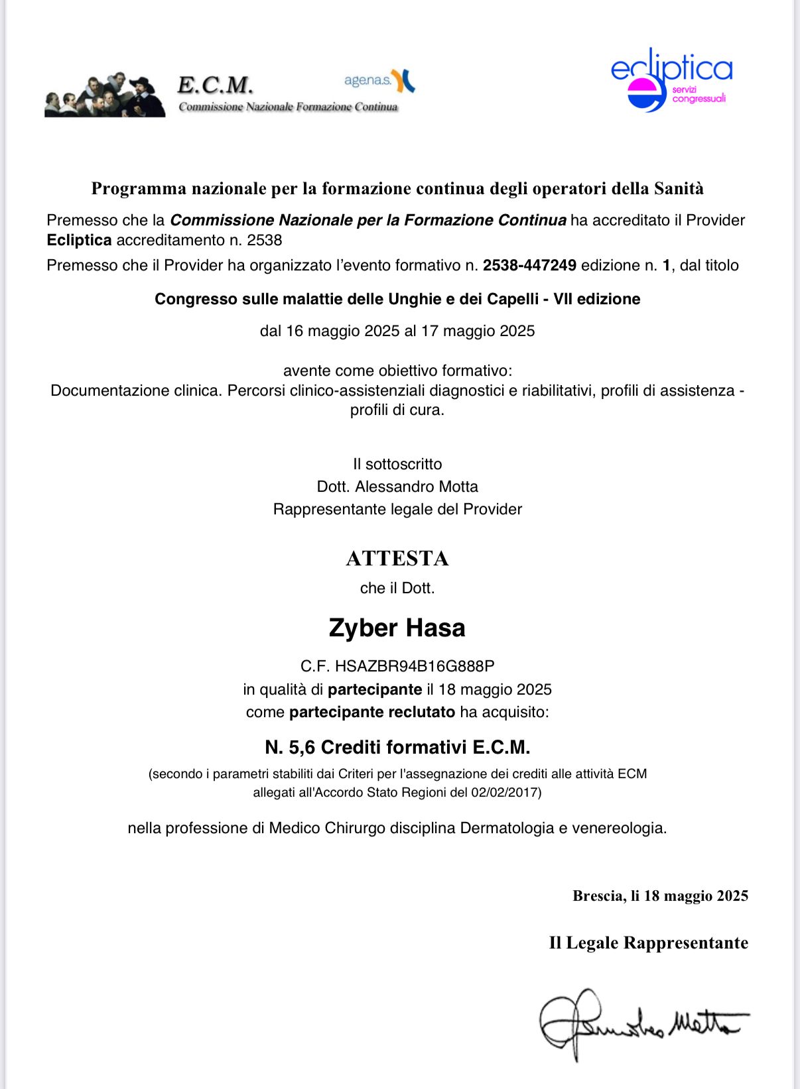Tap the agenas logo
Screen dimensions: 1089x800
[x=379, y=81]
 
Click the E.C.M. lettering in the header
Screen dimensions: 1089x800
[x=215, y=86]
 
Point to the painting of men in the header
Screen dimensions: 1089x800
[x=104, y=95]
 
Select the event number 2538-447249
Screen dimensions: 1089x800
[x=529, y=266]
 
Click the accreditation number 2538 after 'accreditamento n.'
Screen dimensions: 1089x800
[x=265, y=240]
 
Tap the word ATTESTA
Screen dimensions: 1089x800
[x=397, y=559]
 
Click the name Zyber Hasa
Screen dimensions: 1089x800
[x=397, y=628]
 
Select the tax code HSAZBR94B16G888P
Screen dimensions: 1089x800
[x=415, y=666]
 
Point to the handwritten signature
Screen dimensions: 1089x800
[x=640, y=1024]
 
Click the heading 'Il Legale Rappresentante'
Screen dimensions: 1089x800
[x=648, y=943]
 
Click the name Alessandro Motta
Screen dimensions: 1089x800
[x=417, y=487]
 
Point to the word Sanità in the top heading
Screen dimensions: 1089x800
[x=679, y=189]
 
